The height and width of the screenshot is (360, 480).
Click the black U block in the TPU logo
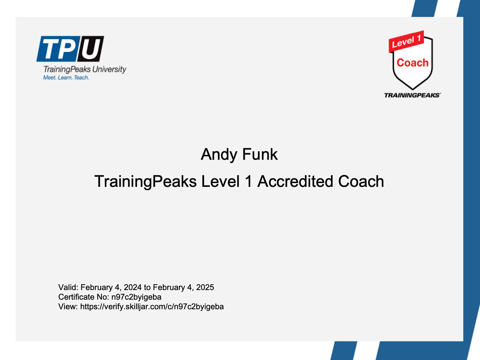coord(91,49)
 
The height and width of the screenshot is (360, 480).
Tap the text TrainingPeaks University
coord(85,70)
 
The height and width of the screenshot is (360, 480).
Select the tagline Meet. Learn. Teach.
coord(66,77)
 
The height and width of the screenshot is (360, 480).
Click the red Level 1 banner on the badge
coord(406,41)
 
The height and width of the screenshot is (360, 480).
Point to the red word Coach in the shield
coord(412,63)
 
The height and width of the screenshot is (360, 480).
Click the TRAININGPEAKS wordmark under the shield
coord(412,95)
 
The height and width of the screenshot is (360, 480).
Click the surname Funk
coord(260,154)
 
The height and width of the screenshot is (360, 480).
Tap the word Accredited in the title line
coord(295,181)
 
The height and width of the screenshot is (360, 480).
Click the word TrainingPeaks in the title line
coord(145,182)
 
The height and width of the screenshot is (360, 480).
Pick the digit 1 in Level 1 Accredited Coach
coord(249,181)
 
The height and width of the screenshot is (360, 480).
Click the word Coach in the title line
coord(361,181)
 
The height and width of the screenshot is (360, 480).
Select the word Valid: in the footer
coord(68,287)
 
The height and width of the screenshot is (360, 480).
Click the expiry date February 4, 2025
coord(183,287)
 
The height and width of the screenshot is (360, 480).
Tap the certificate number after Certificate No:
coord(136,297)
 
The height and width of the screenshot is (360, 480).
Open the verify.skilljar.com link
coord(152,307)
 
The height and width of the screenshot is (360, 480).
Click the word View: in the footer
coord(68,307)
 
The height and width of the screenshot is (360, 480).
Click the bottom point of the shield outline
coord(413,89)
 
